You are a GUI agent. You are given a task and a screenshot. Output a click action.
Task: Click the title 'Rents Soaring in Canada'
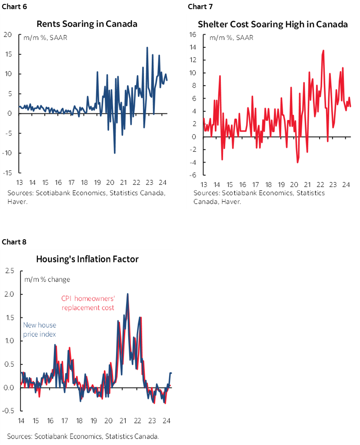[x=87, y=23]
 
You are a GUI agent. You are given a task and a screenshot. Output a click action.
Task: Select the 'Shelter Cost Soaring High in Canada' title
[x=273, y=24]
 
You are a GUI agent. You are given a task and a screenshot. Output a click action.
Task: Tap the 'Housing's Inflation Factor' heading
[x=87, y=259]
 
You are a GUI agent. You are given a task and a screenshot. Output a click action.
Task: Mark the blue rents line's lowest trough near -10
[x=114, y=153]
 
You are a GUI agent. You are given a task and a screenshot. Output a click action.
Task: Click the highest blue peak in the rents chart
[x=147, y=47]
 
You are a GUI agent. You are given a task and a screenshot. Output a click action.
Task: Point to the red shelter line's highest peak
[x=323, y=50]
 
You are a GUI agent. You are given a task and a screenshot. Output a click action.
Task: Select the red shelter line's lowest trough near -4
[x=297, y=162]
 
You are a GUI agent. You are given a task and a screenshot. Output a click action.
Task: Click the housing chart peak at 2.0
[x=127, y=294]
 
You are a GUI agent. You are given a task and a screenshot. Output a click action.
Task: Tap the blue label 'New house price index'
[x=39, y=329]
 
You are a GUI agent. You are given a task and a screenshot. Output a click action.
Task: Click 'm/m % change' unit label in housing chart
[x=47, y=279]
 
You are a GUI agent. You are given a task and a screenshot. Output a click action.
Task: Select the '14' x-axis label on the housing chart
[x=21, y=421]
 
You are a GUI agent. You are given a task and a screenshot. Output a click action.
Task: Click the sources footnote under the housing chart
[x=83, y=436]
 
